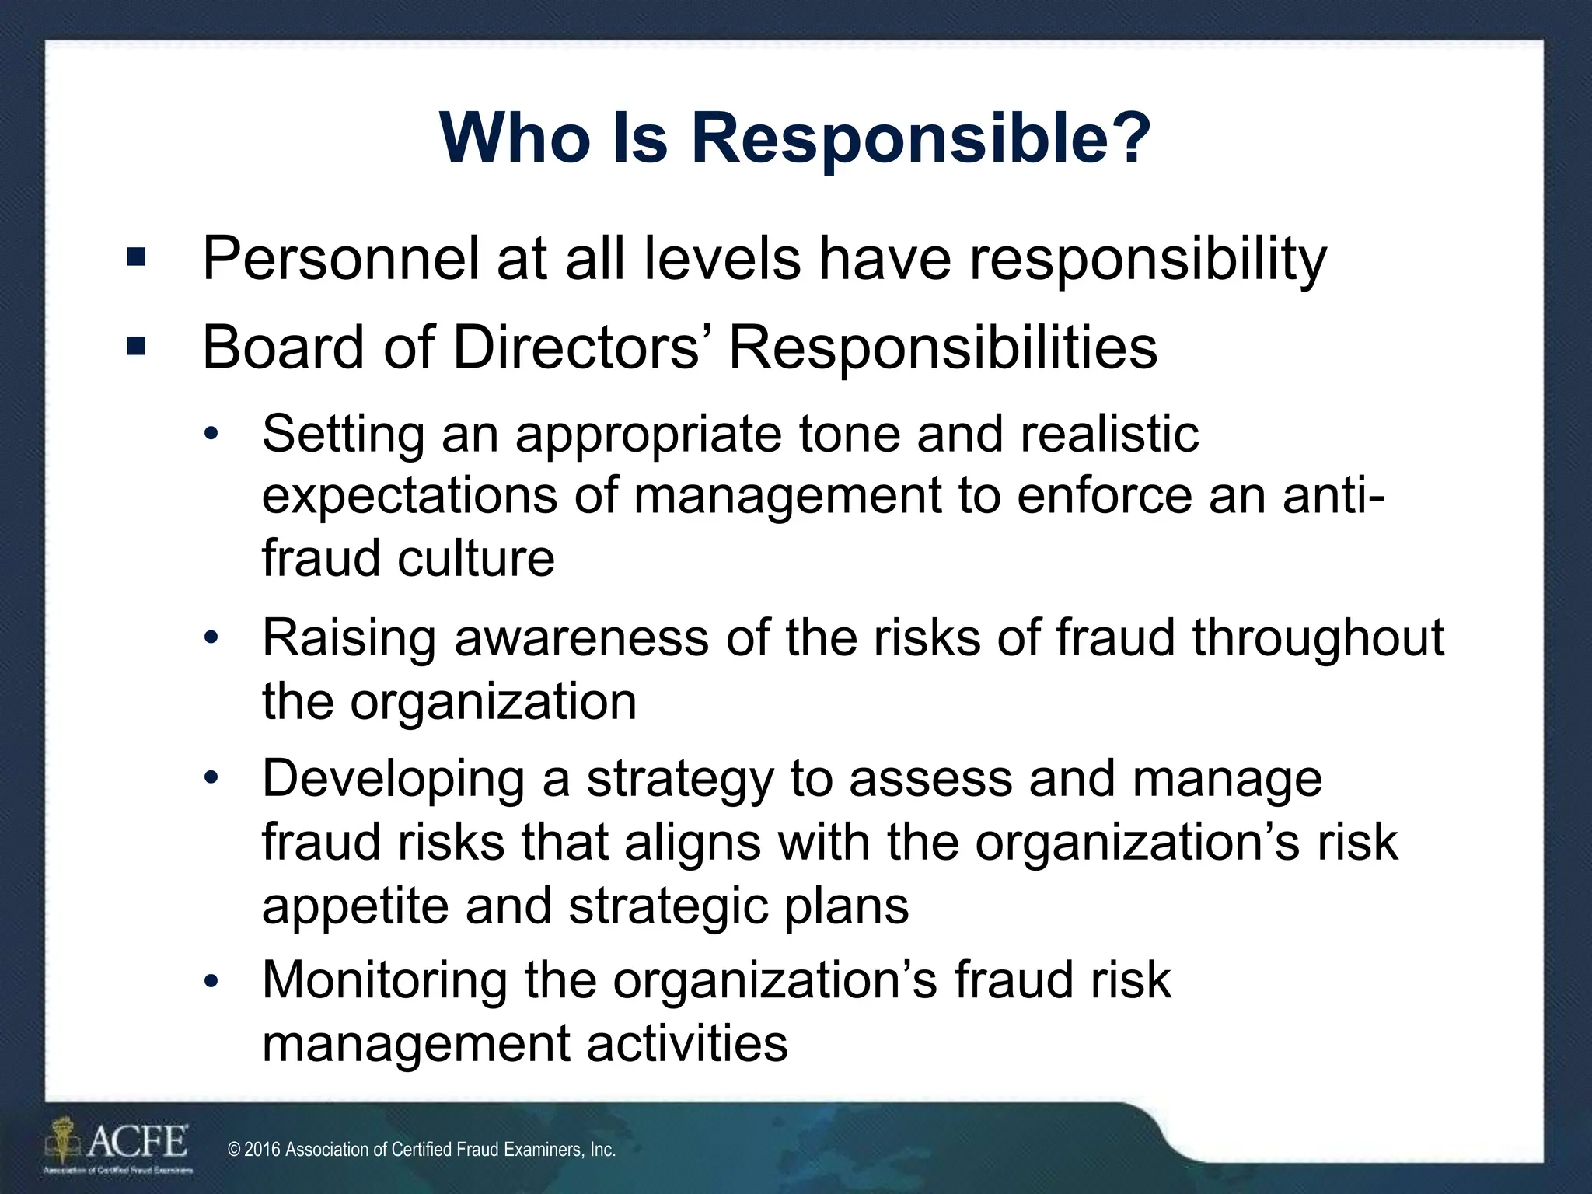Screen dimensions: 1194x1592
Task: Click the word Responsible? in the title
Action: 920,138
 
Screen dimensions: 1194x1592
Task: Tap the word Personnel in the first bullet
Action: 340,258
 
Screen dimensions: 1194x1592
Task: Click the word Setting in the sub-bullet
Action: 343,435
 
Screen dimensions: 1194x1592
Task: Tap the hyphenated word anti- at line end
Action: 1332,495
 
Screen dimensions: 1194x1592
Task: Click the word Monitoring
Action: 384,980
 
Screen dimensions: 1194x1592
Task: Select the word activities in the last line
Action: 687,1043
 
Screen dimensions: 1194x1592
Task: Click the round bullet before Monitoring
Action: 212,981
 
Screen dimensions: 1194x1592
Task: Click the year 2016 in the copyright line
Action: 262,1150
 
